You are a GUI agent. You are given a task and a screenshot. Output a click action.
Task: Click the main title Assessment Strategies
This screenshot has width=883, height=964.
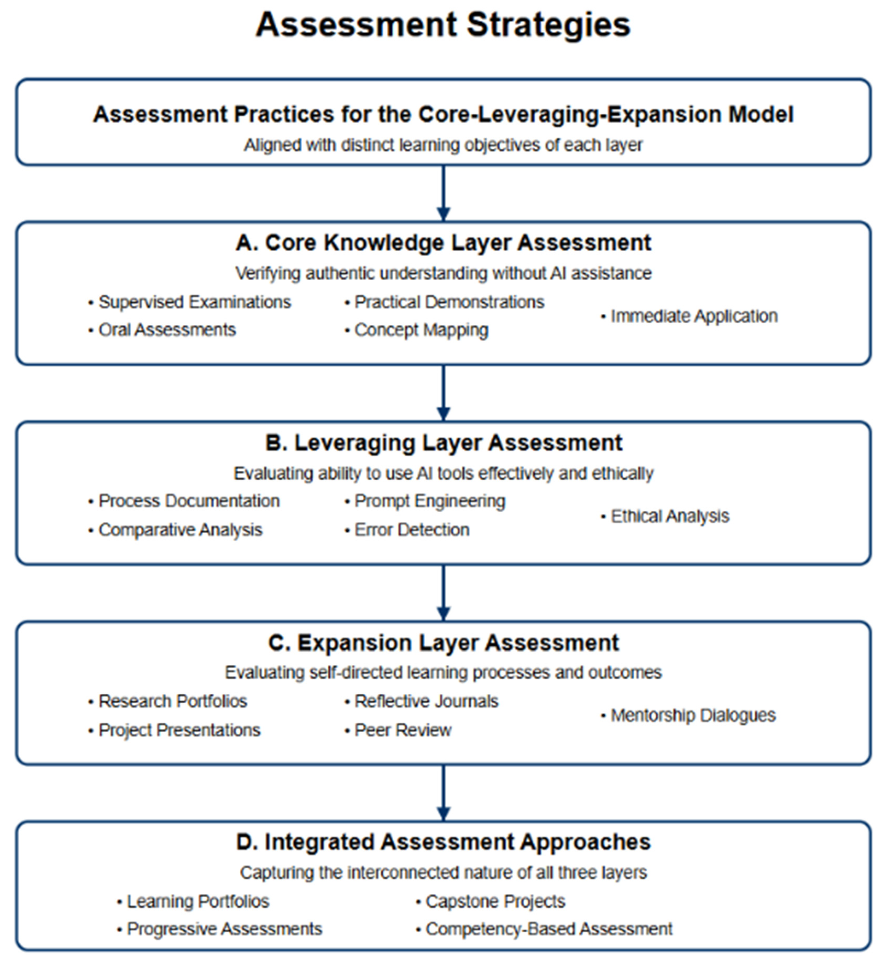point(443,25)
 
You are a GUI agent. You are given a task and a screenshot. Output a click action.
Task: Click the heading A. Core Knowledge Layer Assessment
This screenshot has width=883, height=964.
point(443,243)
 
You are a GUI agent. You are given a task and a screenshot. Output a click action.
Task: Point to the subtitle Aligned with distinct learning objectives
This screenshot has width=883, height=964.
point(443,145)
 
